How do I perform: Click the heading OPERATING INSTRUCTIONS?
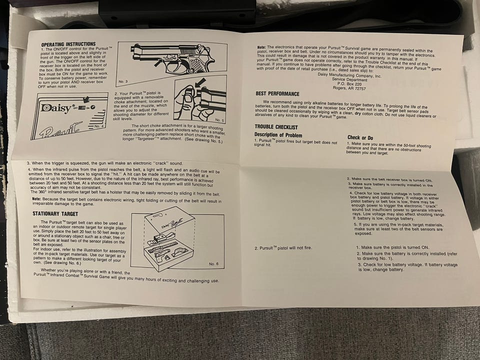coord(68,44)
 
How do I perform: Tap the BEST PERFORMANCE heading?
coord(277,93)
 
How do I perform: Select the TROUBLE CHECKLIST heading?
coord(276,126)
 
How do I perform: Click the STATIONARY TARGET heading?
coord(55,213)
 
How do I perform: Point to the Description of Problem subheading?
coord(278,135)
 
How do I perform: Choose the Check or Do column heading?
coord(360,138)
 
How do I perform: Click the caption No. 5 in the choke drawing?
coord(219,120)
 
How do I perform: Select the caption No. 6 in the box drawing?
coord(213,263)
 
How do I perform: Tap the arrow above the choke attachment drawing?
coord(200,82)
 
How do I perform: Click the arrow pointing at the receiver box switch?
coord(86,99)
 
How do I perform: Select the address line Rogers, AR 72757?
coord(349,88)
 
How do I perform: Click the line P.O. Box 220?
coord(349,83)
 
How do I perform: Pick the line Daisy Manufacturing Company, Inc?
coord(349,74)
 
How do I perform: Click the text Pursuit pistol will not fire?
coord(283,247)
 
